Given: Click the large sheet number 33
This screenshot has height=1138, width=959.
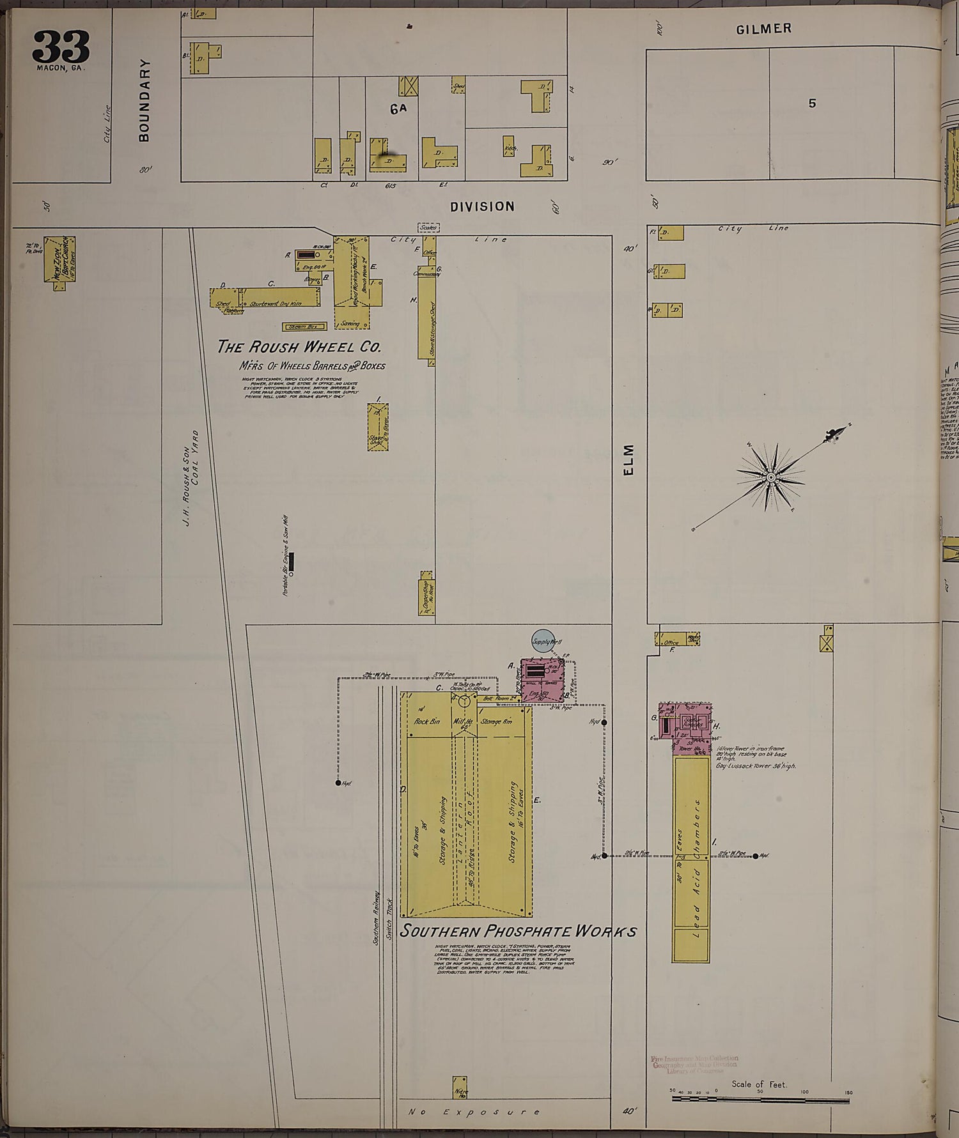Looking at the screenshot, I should click(x=61, y=46).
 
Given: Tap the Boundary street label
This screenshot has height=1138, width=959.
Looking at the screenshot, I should click(x=144, y=100).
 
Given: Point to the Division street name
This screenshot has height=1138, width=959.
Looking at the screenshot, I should click(x=482, y=206).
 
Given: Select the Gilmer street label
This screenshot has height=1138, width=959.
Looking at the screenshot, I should click(x=763, y=29).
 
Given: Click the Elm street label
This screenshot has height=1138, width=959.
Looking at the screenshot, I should click(x=628, y=459).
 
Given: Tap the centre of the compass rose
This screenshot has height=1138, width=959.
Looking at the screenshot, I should click(x=771, y=477).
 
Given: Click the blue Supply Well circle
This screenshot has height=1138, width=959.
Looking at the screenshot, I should click(x=542, y=641).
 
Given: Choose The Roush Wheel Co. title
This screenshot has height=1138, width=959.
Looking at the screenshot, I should click(x=299, y=347).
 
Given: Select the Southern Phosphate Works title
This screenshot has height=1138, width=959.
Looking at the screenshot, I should click(x=518, y=930).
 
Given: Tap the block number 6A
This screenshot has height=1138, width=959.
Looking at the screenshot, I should click(x=398, y=109).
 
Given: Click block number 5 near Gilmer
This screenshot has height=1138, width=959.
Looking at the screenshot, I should click(x=812, y=103).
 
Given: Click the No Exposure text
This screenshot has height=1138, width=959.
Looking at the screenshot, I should click(x=474, y=1112).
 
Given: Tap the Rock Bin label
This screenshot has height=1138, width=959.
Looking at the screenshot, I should click(x=427, y=721).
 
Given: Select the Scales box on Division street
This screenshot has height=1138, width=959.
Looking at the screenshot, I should click(x=428, y=227).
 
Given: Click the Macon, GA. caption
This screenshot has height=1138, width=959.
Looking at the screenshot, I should click(x=61, y=68).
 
